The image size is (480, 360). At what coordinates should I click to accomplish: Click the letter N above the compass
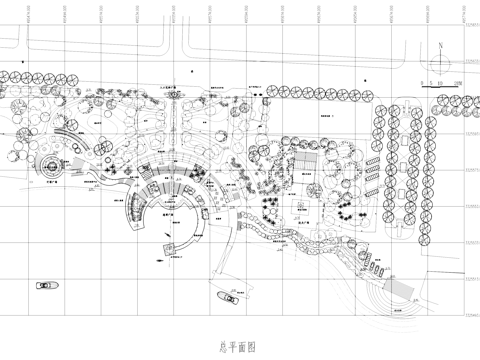[x=439, y=45]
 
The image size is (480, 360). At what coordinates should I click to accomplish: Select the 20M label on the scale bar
[x=456, y=82]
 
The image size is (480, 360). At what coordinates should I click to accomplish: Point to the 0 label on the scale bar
[x=422, y=82]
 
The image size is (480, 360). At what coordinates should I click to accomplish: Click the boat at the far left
[x=45, y=286]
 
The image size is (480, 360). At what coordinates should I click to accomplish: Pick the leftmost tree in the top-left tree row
[x=9, y=76]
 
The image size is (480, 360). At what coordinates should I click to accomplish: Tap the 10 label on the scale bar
[x=439, y=82]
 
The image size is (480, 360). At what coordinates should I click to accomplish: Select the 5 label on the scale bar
[x=430, y=82]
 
